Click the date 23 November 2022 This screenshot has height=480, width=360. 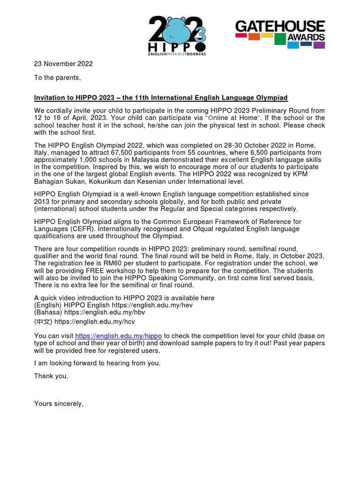pyautogui.click(x=63, y=64)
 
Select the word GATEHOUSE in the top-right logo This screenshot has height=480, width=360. pyautogui.click(x=280, y=26)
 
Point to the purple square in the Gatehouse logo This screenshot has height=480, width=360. pyautogui.click(x=319, y=45)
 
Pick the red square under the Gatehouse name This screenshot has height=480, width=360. pyautogui.click(x=241, y=35)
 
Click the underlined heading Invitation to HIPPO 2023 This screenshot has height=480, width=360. pyautogui.click(x=161, y=97)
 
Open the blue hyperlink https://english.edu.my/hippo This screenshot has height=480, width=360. pyautogui.click(x=119, y=336)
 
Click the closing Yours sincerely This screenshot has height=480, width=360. pyautogui.click(x=59, y=404)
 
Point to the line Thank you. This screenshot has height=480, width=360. pyautogui.click(x=51, y=376)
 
